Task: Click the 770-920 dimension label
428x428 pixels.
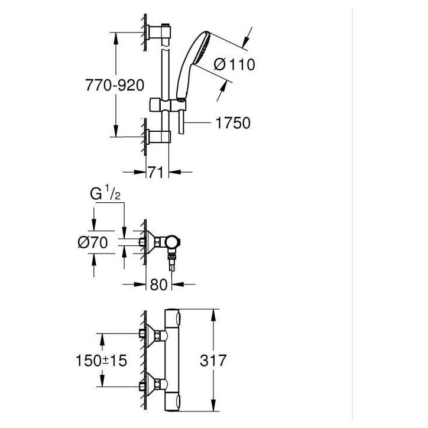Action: (x=115, y=85)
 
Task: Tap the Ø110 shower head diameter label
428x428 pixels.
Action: (x=235, y=64)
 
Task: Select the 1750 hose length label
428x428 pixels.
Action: (x=233, y=123)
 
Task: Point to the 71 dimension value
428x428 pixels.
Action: (x=156, y=172)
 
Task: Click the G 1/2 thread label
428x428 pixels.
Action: (x=105, y=193)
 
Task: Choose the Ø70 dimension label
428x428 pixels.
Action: (x=93, y=242)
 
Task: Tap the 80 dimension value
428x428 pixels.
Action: (x=158, y=284)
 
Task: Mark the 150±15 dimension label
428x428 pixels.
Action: (x=101, y=360)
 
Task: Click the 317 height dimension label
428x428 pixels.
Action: (x=213, y=360)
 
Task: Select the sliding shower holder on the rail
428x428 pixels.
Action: (x=168, y=105)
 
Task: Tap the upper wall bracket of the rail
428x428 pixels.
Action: (x=159, y=32)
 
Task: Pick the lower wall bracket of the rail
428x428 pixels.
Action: (x=158, y=137)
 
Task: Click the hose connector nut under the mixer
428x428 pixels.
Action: (x=171, y=257)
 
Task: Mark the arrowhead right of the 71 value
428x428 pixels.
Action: (x=175, y=172)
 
